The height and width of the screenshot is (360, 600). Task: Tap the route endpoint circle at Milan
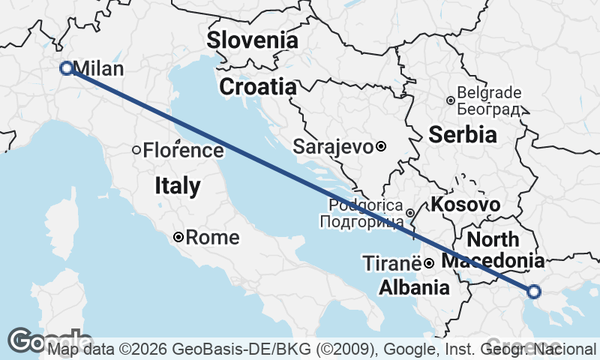coord(66,68)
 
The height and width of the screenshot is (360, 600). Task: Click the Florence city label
coord(183,150)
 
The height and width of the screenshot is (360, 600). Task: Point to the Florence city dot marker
coord(136,150)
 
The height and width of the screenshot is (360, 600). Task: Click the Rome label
coord(212,238)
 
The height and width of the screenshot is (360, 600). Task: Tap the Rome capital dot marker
coord(178,238)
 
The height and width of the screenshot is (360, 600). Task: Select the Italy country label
coord(178,186)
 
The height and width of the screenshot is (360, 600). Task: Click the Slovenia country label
coord(253,40)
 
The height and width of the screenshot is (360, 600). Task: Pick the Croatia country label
coord(257,87)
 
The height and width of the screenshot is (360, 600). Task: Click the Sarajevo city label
coord(333,146)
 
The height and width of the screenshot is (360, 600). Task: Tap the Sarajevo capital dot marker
coord(381,146)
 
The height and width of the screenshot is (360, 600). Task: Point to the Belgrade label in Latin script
coord(489,93)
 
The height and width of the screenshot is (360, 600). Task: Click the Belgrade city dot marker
coord(451,100)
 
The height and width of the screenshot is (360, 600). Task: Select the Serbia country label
coord(463,134)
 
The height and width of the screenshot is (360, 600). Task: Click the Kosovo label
coord(465,205)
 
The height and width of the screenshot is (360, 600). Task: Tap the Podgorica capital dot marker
coord(410,213)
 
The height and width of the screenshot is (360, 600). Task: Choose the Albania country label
coord(414,287)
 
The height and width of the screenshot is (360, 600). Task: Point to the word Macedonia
coord(493,261)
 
